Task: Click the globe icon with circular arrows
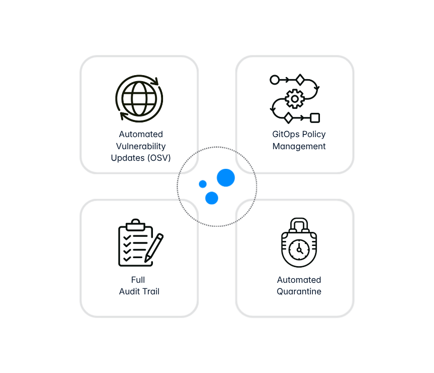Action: [x=139, y=98]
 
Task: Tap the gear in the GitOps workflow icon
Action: [x=295, y=99]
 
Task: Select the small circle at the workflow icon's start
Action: [x=275, y=80]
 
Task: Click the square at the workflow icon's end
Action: [x=315, y=118]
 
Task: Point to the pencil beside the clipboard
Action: [x=154, y=248]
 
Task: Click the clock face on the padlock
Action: [x=299, y=250]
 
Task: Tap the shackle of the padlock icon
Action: [x=299, y=224]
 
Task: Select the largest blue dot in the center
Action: [x=226, y=178]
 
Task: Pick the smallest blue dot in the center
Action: [x=202, y=184]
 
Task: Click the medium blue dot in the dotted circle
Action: [x=212, y=198]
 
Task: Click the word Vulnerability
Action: [x=141, y=146]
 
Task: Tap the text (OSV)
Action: [x=159, y=158]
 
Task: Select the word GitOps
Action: [x=286, y=135]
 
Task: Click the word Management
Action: [x=299, y=146]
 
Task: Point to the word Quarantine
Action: [x=299, y=291]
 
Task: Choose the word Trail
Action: [x=151, y=291]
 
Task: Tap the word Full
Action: [x=138, y=280]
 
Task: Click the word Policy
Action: [x=314, y=135]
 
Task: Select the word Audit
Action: [x=130, y=291]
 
